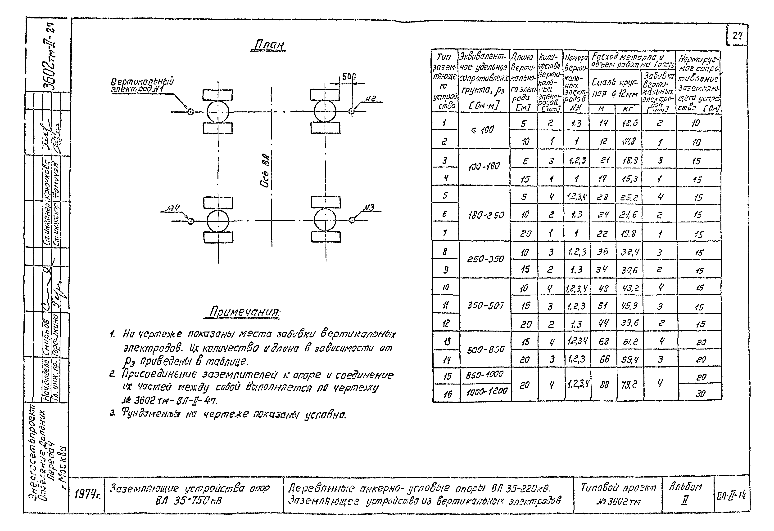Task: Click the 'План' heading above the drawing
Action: [268, 45]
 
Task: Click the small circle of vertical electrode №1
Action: [190, 112]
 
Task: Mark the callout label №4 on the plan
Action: [173, 208]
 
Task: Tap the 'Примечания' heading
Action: [244, 312]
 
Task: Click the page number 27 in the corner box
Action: [737, 35]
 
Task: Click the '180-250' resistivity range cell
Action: [486, 215]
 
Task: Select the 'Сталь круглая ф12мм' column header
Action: [615, 88]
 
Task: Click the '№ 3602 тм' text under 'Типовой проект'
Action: [618, 502]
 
